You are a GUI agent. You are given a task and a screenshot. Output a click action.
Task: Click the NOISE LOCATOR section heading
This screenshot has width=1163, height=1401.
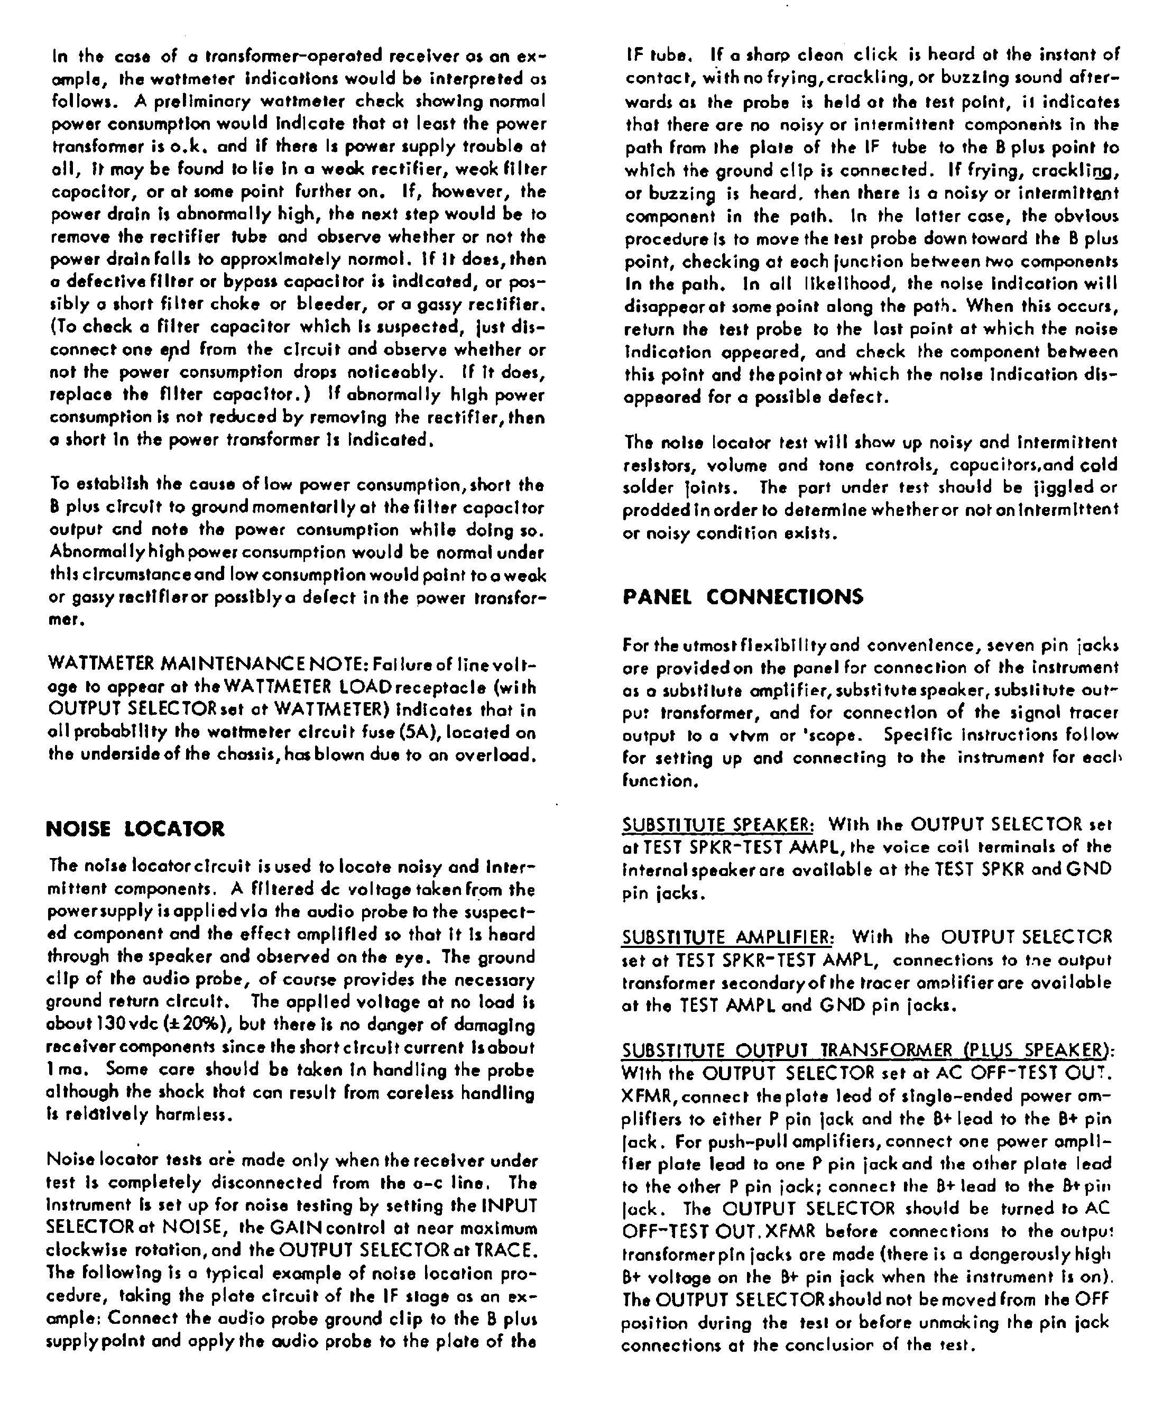click(x=135, y=829)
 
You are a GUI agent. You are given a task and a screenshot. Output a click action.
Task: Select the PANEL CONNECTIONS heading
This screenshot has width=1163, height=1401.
click(x=743, y=596)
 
